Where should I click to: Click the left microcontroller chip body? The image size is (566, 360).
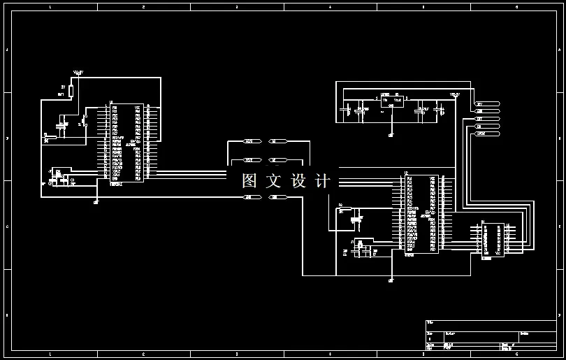[x=126, y=143]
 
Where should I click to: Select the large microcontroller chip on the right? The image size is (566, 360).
[x=421, y=213]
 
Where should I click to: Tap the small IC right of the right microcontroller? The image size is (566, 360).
[x=493, y=240]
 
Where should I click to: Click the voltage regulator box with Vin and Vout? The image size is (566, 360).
[x=391, y=103]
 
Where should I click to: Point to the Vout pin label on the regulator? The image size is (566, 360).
[x=398, y=100]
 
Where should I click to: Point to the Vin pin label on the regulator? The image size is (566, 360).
[x=384, y=100]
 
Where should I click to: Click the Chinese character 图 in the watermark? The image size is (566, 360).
[x=250, y=180]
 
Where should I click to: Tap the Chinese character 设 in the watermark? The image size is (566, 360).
[x=298, y=180]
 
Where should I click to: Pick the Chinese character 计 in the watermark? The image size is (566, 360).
[x=323, y=180]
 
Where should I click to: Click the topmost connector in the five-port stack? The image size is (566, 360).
[x=487, y=103]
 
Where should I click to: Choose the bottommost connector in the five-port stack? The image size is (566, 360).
[x=487, y=134]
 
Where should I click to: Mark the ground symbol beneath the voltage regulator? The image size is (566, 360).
[x=391, y=134]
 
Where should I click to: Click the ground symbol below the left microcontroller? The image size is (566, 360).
[x=96, y=201]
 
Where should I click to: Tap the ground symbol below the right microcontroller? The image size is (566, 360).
[x=391, y=280]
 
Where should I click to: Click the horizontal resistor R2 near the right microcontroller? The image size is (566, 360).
[x=343, y=210]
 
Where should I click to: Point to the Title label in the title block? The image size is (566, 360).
[x=429, y=322]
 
